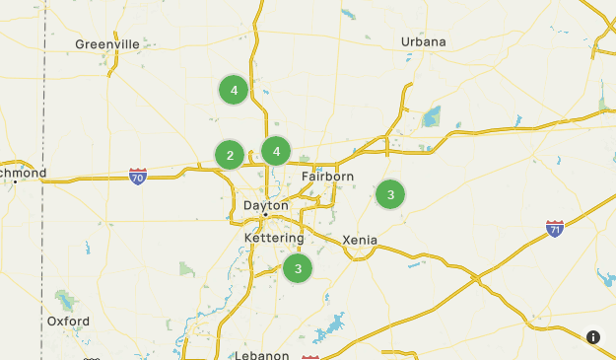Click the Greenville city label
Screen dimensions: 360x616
(x=107, y=44)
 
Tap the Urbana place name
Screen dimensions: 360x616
(x=424, y=41)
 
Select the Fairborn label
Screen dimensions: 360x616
(x=327, y=177)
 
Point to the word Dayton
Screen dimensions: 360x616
(x=265, y=205)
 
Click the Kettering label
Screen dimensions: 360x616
(x=274, y=239)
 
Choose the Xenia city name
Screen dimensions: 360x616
(x=360, y=240)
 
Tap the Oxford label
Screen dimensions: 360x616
(x=68, y=322)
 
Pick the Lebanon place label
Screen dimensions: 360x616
(x=262, y=355)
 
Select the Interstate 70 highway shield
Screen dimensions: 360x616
(x=138, y=176)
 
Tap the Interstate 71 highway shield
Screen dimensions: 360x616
(x=556, y=229)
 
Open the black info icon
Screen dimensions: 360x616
(x=593, y=337)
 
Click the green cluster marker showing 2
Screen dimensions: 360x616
(x=230, y=155)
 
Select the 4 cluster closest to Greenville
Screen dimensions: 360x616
(x=234, y=91)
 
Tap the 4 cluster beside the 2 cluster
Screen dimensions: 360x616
(x=277, y=151)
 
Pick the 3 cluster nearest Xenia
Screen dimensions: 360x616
(x=390, y=194)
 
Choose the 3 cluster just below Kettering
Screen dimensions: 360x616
(x=298, y=267)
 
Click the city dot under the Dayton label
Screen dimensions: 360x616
(x=265, y=215)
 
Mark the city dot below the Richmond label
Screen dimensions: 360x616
(x=14, y=182)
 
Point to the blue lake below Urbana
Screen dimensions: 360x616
(x=431, y=118)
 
